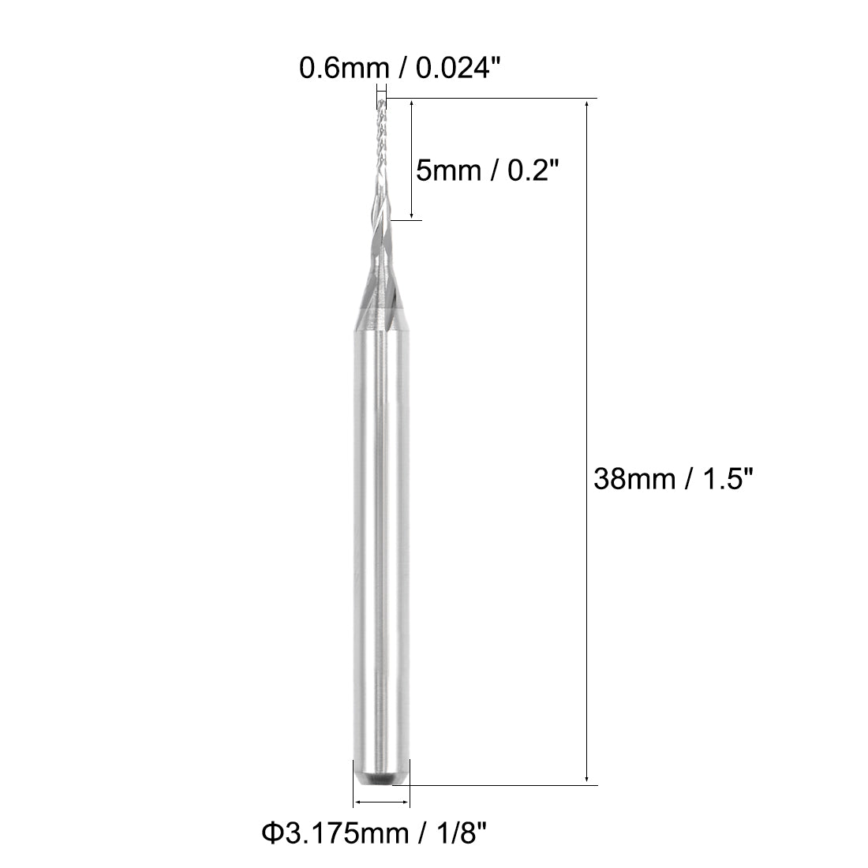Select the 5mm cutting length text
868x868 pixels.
coord(447,169)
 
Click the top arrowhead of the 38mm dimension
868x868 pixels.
coord(588,104)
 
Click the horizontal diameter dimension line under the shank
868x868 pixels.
coord(382,803)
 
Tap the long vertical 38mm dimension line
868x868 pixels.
coord(588,355)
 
